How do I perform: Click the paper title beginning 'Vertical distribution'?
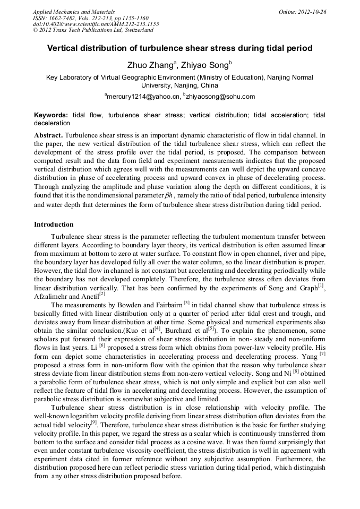(x=179, y=48)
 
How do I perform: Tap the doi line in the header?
(x=96, y=24)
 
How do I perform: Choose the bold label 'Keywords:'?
(x=51, y=115)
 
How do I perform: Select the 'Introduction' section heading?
(x=54, y=225)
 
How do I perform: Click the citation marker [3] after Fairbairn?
(x=186, y=303)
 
